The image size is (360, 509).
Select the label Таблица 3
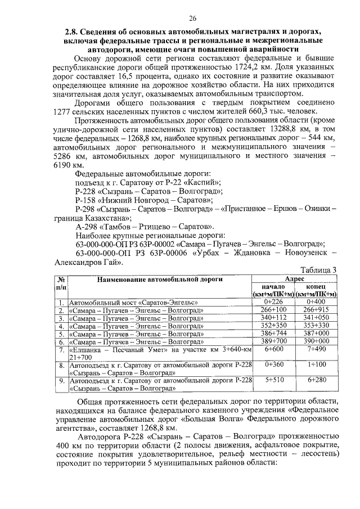coord(315,269)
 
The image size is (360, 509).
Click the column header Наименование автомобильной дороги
coord(160,279)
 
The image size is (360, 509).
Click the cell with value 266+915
coord(316,310)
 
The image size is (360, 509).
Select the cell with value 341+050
coord(316,318)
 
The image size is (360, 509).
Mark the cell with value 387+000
coord(316,334)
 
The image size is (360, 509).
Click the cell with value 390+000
coord(316,341)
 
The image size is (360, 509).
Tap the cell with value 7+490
coord(316,349)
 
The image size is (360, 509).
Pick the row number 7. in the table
coord(61,350)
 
